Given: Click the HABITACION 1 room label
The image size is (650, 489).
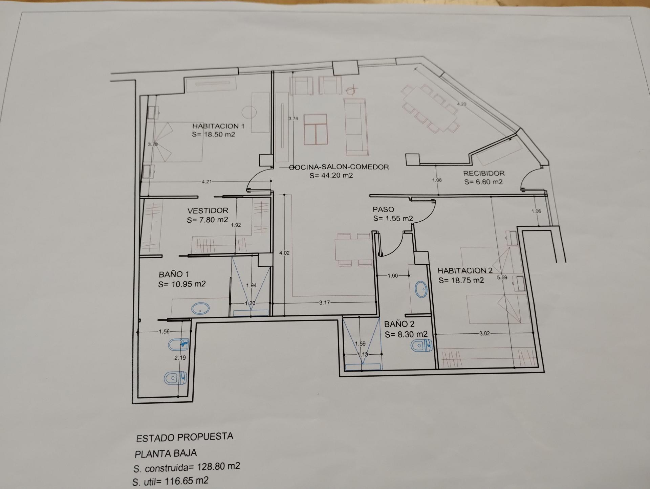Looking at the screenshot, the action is point(218,126).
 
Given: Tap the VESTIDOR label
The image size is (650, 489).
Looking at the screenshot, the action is point(208,210).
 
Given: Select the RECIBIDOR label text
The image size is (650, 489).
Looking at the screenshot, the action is point(484,173).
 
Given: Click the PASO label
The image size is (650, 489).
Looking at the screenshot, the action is point(383,209).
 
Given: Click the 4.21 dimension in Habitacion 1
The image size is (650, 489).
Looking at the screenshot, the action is point(207,182).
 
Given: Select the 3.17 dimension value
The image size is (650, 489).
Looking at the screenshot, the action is point(324,303).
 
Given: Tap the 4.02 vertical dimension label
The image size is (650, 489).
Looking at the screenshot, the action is point(284,253).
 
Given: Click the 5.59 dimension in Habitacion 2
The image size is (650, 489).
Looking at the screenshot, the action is point(502,277).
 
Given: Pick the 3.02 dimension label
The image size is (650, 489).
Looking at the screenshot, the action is point(484,333).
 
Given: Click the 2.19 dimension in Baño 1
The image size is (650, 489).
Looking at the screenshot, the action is point(180,358).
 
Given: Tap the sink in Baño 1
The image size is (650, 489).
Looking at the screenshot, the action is point(200,308).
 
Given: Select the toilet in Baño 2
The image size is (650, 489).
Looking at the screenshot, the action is point(421,346).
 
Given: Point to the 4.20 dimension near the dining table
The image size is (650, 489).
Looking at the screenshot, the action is point(461,104).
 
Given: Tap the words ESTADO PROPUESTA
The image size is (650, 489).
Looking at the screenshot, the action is point(185,438).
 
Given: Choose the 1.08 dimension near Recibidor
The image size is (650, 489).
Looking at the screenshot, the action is point(437,180).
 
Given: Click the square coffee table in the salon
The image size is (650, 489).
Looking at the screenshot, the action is point(316,129).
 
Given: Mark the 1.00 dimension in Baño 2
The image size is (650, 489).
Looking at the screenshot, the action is point(393,276).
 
